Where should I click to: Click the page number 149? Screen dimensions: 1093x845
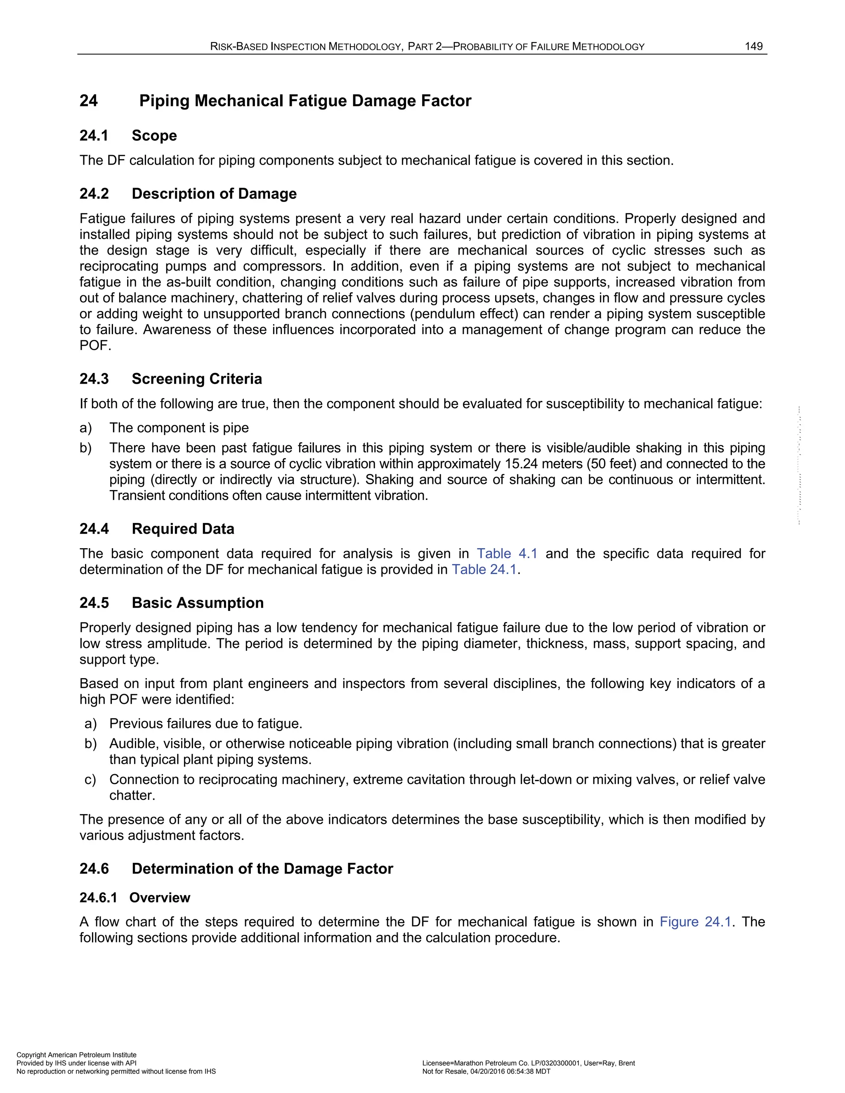(753, 47)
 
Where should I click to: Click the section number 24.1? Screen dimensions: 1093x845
(94, 136)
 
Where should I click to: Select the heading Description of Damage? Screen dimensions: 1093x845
(214, 194)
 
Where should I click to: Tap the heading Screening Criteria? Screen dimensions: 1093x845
(196, 379)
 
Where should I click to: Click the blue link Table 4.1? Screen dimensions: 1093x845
(507, 554)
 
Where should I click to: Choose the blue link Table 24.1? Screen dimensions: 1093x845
(484, 570)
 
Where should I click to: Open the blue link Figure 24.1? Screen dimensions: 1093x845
(695, 922)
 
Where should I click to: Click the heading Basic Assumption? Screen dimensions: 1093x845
(197, 603)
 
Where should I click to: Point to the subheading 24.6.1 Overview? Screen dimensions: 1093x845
(135, 897)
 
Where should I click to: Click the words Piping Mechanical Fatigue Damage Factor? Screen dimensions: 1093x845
(305, 101)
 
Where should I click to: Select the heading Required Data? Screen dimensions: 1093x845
(183, 529)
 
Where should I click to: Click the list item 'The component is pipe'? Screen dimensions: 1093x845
(179, 428)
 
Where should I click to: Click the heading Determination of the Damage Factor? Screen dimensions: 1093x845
(262, 869)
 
